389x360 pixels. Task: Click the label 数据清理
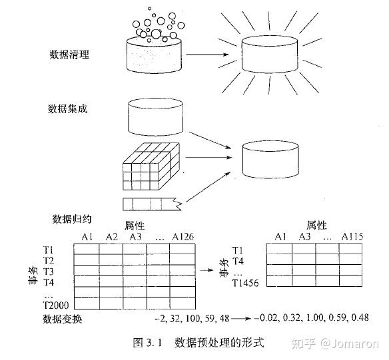(69, 55)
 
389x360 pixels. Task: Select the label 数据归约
(71, 218)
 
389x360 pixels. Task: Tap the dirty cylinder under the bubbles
(155, 53)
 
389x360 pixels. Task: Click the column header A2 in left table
(111, 237)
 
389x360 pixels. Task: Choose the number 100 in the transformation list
(195, 318)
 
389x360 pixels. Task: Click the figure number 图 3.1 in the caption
(149, 343)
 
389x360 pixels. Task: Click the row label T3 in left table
(49, 272)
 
